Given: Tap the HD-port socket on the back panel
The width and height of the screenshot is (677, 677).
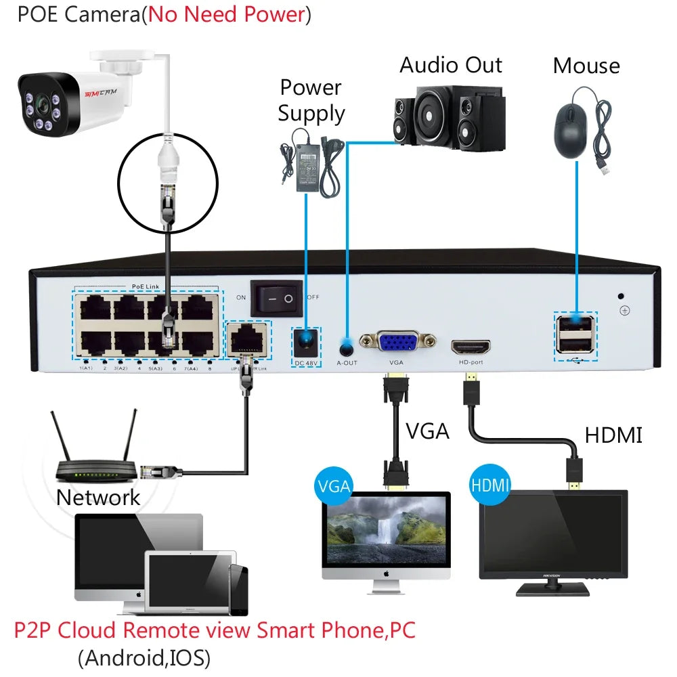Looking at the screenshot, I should [471, 347].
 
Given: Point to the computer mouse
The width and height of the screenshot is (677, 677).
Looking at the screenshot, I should [569, 131].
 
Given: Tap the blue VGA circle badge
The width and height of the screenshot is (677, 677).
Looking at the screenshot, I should [332, 485].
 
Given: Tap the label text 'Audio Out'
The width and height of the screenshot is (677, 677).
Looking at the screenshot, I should [451, 65].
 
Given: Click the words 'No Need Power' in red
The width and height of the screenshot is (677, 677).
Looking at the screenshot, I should [226, 14].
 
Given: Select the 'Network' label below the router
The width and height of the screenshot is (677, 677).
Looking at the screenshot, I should [98, 498].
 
